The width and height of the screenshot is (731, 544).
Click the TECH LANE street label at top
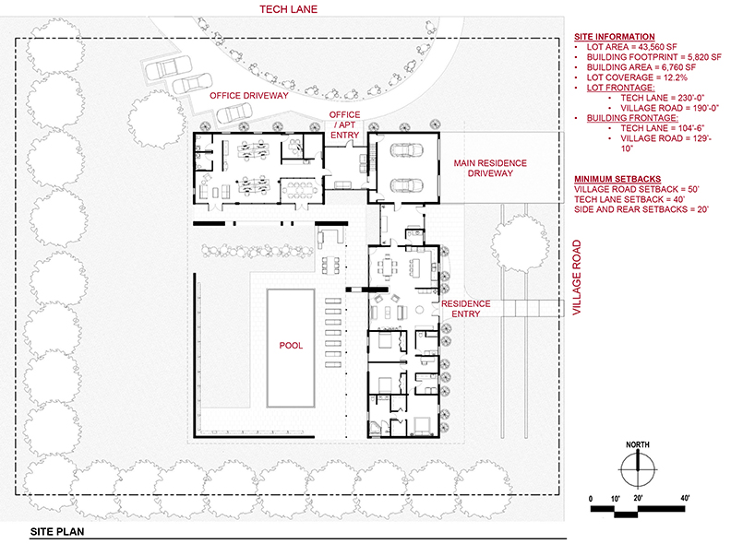coord(288,9)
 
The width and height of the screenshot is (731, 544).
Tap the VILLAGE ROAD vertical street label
coord(577,278)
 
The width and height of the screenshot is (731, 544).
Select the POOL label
coord(291,346)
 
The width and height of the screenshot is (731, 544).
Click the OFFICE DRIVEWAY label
coord(249,96)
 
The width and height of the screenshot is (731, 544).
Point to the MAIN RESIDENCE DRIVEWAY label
coord(490,168)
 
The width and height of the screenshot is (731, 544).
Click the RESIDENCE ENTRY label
coord(466,309)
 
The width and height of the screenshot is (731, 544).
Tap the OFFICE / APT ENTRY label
coord(344,124)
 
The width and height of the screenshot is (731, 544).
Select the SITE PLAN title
coord(57,531)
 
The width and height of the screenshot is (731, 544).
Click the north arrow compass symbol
coord(638,469)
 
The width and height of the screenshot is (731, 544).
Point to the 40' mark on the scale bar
coord(685,498)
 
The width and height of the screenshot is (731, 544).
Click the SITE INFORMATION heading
coord(614,36)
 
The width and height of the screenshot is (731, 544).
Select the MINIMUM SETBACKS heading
coord(617,179)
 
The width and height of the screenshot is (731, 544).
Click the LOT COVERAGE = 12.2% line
coord(637,77)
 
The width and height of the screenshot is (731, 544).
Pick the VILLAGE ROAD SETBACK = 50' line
coord(637,189)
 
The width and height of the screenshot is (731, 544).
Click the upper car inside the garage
coord(406,150)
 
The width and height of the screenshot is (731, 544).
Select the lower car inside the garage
coord(406,185)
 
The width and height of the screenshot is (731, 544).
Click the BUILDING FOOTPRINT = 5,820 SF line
coord(653,57)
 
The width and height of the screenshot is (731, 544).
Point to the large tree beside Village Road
coord(519,244)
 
